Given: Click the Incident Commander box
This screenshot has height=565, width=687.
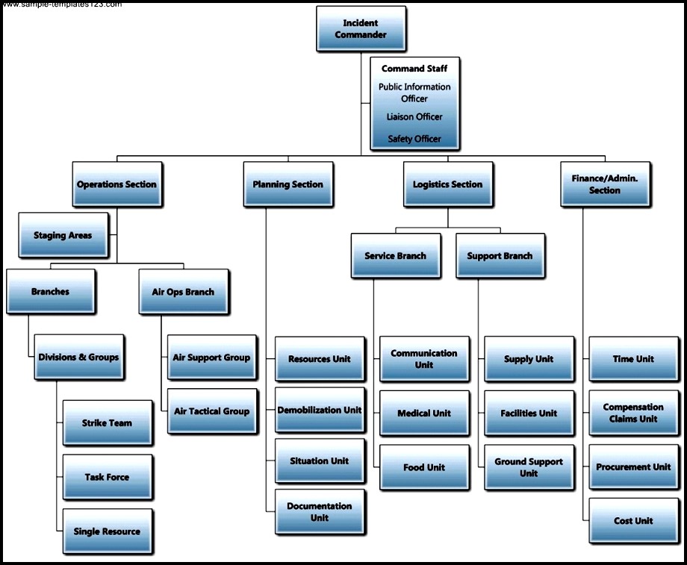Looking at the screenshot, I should pyautogui.click(x=361, y=29).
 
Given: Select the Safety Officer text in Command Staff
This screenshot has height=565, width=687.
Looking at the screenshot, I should pyautogui.click(x=414, y=139).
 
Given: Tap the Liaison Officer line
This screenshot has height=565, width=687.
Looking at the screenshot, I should pyautogui.click(x=414, y=116).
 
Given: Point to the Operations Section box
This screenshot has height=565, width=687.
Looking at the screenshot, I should pyautogui.click(x=116, y=184).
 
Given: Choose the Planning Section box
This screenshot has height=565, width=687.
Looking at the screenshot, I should pyautogui.click(x=287, y=184).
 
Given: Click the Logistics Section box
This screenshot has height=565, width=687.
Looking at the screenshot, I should pyautogui.click(x=447, y=184).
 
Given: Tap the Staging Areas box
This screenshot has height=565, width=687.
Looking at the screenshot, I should pyautogui.click(x=63, y=235).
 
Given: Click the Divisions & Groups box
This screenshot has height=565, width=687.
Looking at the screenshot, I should pyautogui.click(x=78, y=358).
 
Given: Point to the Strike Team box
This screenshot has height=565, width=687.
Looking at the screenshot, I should pyautogui.click(x=107, y=423).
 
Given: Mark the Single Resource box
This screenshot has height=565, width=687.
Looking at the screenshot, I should pyautogui.click(x=107, y=531).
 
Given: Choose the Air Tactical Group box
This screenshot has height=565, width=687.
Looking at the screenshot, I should pyautogui.click(x=211, y=411).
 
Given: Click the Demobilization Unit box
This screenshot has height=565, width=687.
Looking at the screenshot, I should pyautogui.click(x=320, y=410).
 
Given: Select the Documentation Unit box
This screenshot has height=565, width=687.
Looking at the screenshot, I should pyautogui.click(x=320, y=511).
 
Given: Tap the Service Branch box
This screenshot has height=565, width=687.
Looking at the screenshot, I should pyautogui.click(x=395, y=256).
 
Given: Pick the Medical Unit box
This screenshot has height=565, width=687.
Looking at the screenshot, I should pyautogui.click(x=424, y=413).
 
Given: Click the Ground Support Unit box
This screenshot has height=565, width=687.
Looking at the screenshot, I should pyautogui.click(x=529, y=467).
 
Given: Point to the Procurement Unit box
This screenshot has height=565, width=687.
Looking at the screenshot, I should pyautogui.click(x=633, y=467).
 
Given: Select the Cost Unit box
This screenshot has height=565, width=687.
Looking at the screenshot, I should pyautogui.click(x=633, y=521).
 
